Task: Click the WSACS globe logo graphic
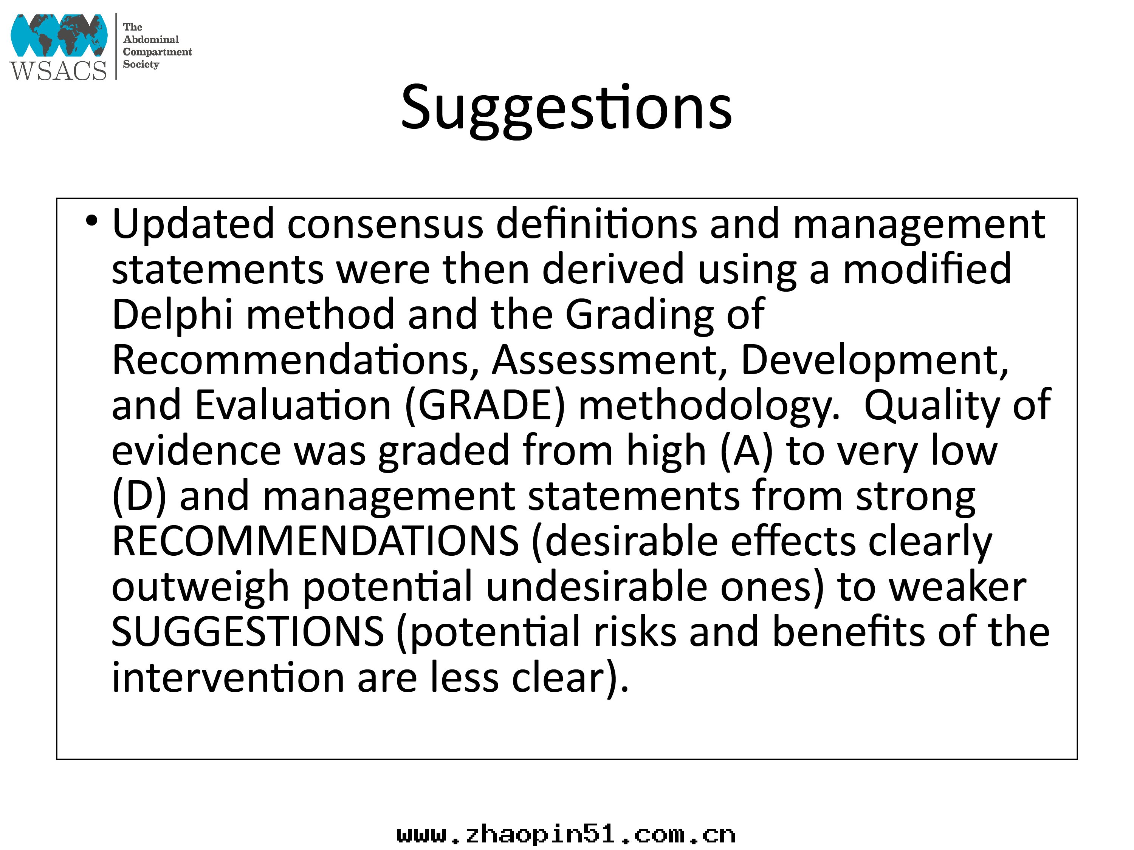point(59,35)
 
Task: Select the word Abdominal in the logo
point(151,39)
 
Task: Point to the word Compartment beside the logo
point(157,52)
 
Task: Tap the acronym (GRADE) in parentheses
point(485,406)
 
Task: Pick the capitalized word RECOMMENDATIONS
point(315,542)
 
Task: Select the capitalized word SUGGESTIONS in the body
point(248,632)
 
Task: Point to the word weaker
point(957,587)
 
